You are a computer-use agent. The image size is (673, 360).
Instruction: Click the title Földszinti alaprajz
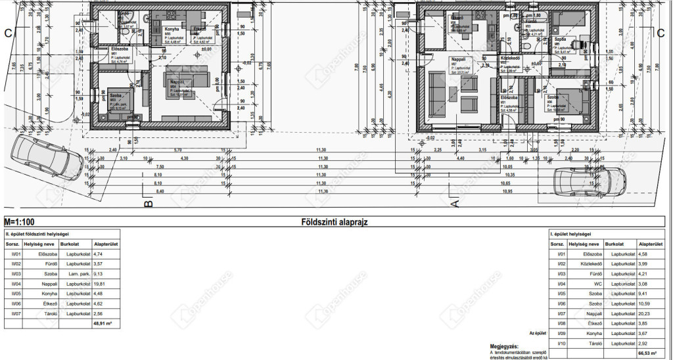334,222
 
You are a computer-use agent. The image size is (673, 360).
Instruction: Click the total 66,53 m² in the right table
648,353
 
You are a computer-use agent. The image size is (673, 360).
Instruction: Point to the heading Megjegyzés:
504,346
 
